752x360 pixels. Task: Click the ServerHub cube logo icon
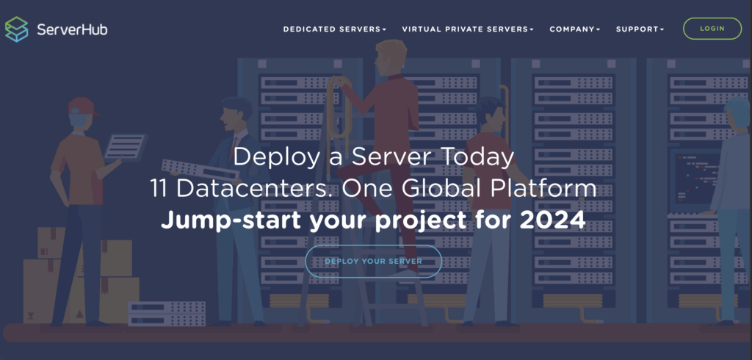[x=16, y=29]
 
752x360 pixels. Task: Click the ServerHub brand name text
[x=72, y=30]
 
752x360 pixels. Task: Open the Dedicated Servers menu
[x=334, y=29]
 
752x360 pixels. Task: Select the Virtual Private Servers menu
[x=467, y=29]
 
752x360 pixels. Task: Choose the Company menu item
[x=575, y=29]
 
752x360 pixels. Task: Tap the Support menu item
[x=640, y=29]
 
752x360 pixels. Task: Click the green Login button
[x=712, y=29]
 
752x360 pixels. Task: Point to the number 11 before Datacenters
[x=160, y=189]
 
